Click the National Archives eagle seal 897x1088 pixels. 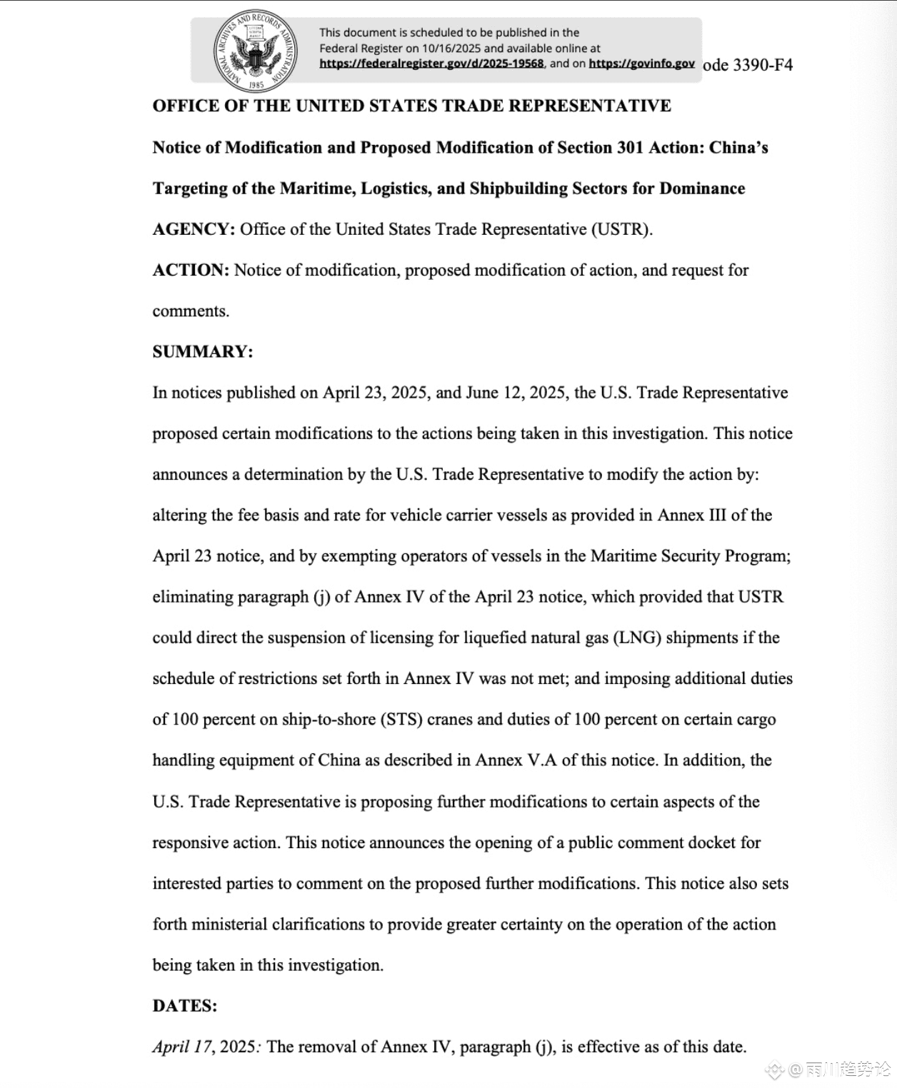[256, 51]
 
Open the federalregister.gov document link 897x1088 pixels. [431, 64]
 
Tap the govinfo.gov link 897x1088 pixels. [641, 64]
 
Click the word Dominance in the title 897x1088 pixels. [702, 188]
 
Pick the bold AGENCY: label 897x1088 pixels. [194, 229]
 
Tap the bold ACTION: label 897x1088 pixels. [191, 270]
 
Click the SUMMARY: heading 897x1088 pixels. [203, 352]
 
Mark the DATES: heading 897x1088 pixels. [185, 1006]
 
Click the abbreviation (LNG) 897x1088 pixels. [637, 638]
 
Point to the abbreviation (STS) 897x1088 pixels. [402, 719]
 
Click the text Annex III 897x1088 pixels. [692, 515]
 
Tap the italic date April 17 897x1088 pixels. [182, 1047]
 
